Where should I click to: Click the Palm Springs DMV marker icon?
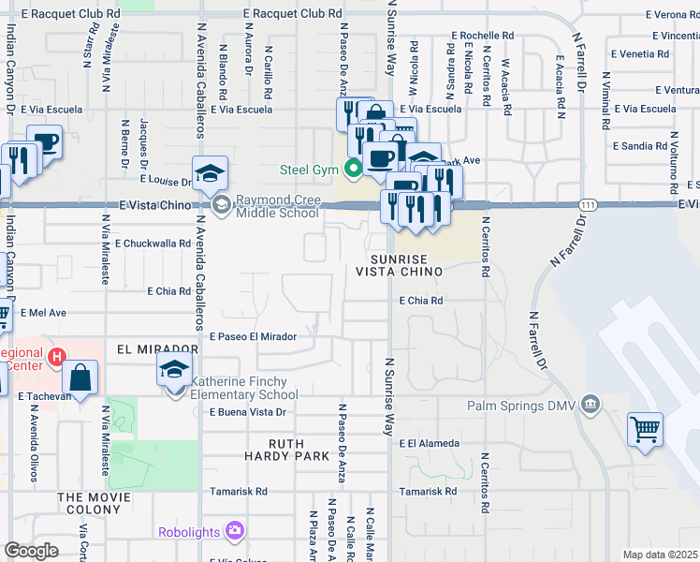tap(591, 405)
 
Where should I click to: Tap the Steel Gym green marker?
tap(353, 170)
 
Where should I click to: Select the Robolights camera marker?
tap(235, 531)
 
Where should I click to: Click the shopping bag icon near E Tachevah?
tap(81, 378)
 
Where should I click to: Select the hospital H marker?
tap(56, 357)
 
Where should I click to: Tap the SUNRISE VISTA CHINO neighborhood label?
tap(404, 264)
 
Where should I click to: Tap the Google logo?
tap(32, 551)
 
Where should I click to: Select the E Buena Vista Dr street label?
tap(247, 412)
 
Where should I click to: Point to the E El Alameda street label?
tap(429, 443)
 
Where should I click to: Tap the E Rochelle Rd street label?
tap(482, 35)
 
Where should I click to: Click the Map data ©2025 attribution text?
tap(659, 555)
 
